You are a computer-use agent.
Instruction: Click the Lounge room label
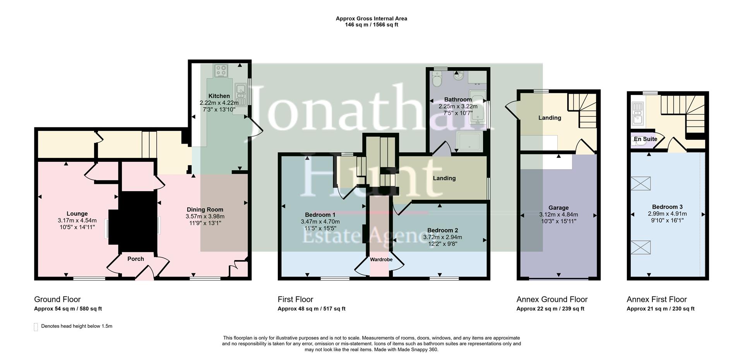point(77,214)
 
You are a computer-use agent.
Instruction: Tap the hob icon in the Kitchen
point(221,70)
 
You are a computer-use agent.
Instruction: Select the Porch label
point(135,259)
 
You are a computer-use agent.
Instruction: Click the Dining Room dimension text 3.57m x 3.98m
point(205,216)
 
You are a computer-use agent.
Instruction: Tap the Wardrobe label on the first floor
point(381,260)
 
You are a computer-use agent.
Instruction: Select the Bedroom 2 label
point(442,230)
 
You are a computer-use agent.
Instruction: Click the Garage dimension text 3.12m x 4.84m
point(558,214)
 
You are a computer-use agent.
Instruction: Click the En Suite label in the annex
point(645,139)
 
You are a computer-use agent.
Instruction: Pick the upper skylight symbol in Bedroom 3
point(640,183)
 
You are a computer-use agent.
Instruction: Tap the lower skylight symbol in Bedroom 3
point(640,247)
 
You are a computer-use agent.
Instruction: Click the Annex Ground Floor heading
point(552,299)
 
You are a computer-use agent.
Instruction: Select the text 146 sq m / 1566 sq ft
point(371,25)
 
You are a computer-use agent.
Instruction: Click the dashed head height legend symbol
point(36,327)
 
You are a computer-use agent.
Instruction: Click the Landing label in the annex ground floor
point(550,118)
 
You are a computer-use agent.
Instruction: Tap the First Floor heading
point(295,299)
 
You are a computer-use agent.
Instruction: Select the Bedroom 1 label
point(320,215)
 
